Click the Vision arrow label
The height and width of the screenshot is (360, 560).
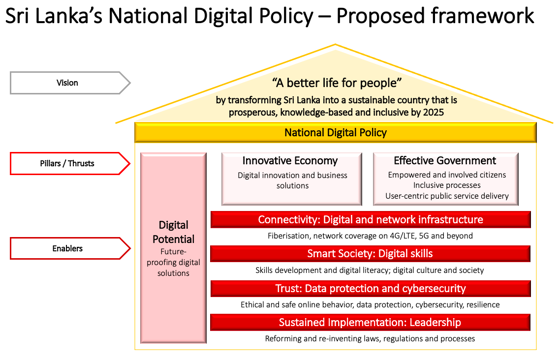coord(70,83)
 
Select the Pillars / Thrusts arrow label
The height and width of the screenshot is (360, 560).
coord(70,163)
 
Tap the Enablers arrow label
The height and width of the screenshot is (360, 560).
coord(70,248)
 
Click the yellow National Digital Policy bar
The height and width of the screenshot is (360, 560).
coord(335,132)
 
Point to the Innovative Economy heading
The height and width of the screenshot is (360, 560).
coord(290,160)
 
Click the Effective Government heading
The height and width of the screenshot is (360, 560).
coord(445,160)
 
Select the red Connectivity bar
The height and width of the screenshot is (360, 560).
coord(371,219)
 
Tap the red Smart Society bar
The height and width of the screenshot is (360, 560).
coord(371,254)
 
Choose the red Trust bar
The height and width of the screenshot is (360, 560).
coord(371,288)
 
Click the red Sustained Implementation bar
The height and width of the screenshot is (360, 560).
coord(371,322)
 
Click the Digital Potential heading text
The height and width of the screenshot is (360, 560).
coord(174,232)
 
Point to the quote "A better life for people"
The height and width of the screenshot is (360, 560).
coord(337,83)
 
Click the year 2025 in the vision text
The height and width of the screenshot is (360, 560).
coord(433,113)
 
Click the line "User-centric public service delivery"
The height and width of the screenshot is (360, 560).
coord(447,196)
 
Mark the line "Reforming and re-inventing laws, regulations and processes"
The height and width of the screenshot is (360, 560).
coord(370,338)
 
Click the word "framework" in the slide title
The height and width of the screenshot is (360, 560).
coord(482,16)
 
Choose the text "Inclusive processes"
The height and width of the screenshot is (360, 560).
coord(447,185)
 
